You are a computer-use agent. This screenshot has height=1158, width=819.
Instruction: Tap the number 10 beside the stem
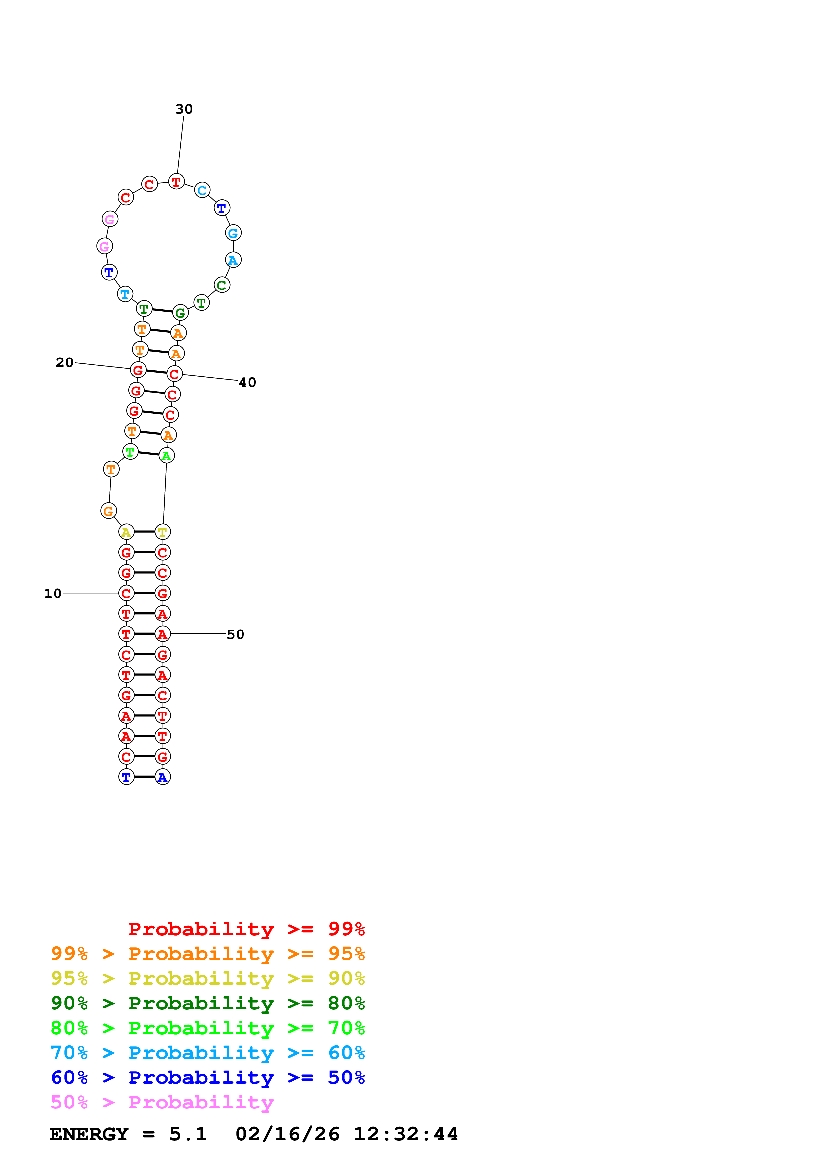(x=53, y=594)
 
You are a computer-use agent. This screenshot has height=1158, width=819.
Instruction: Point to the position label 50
(x=235, y=634)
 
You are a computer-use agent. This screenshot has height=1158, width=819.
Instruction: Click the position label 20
(x=65, y=363)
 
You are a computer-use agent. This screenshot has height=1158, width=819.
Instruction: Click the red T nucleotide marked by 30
(x=176, y=182)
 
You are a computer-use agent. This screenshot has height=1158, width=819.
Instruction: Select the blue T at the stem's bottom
(x=126, y=777)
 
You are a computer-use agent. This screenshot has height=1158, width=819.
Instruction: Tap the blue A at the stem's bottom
(x=163, y=777)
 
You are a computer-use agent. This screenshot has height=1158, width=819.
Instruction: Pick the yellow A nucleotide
(x=126, y=532)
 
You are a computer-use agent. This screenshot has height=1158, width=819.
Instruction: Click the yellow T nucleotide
(x=163, y=532)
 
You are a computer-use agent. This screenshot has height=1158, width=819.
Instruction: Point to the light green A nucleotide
(x=167, y=456)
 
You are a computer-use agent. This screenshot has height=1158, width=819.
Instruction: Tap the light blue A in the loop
(x=233, y=260)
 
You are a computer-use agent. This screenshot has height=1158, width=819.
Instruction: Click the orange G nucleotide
(x=108, y=511)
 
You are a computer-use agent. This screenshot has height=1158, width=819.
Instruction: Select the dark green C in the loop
(x=222, y=285)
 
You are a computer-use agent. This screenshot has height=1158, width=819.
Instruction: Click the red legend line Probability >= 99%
(x=246, y=929)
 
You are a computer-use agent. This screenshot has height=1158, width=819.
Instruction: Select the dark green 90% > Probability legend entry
(x=207, y=1003)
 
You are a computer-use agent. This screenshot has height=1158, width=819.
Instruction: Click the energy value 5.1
(x=188, y=1134)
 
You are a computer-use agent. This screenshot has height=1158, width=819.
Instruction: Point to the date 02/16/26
(x=287, y=1134)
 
